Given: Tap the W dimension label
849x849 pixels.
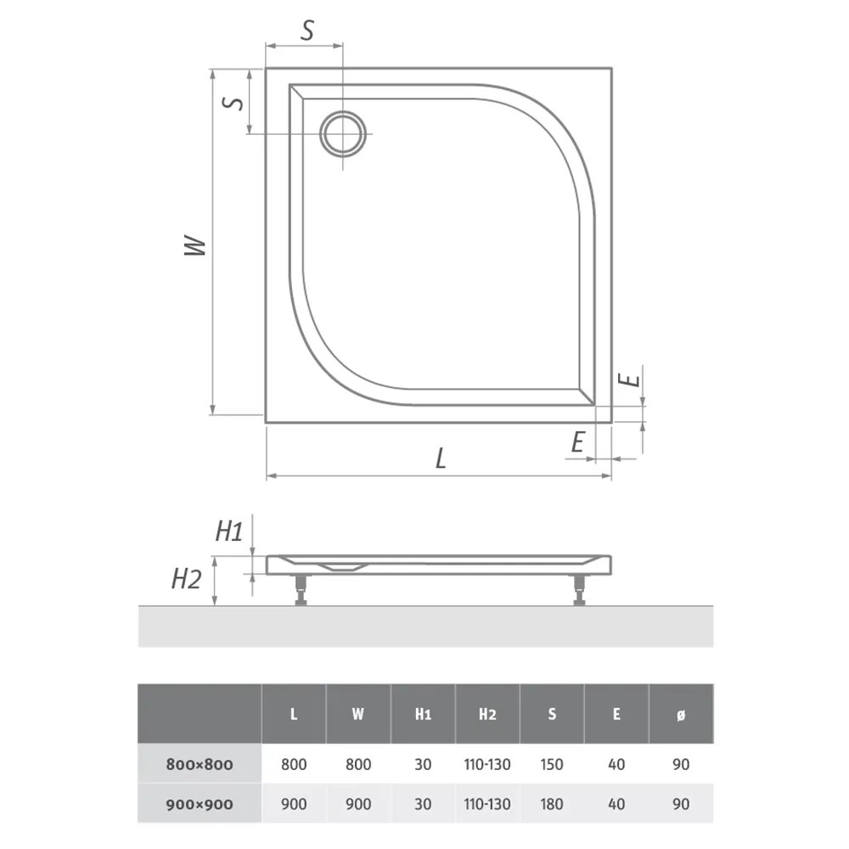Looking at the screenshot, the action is pyautogui.click(x=195, y=245).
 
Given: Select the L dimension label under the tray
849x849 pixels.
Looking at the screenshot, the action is pyautogui.click(x=441, y=458).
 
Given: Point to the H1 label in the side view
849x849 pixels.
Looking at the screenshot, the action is pyautogui.click(x=229, y=531).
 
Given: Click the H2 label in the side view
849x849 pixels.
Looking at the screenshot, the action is pyautogui.click(x=186, y=579).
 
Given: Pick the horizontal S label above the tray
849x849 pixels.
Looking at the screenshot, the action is pyautogui.click(x=307, y=31).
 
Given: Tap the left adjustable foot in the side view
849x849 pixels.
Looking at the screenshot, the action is pyautogui.click(x=300, y=589).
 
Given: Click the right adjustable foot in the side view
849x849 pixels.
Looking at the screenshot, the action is pyautogui.click(x=579, y=589).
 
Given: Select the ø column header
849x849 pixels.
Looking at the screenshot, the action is pyautogui.click(x=681, y=714).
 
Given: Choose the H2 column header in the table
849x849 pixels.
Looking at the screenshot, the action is pyautogui.click(x=487, y=714).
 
